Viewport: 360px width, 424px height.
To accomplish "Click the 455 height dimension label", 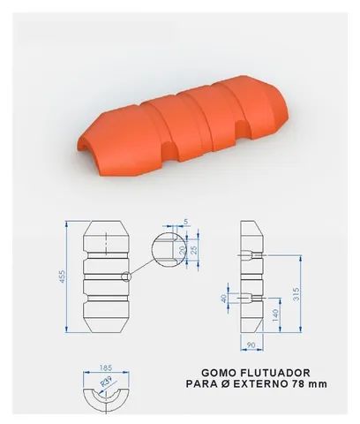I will [x=62, y=276].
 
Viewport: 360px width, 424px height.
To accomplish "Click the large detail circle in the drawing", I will [x=167, y=249].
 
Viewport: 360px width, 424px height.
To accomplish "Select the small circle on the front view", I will [x=126, y=277].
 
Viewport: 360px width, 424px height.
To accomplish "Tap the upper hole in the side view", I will [x=255, y=256].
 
